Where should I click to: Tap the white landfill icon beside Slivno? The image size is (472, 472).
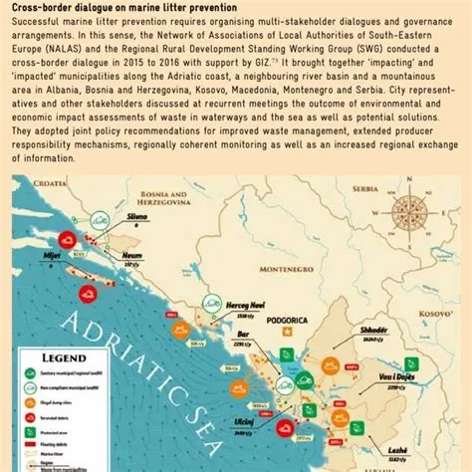(101, 222)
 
